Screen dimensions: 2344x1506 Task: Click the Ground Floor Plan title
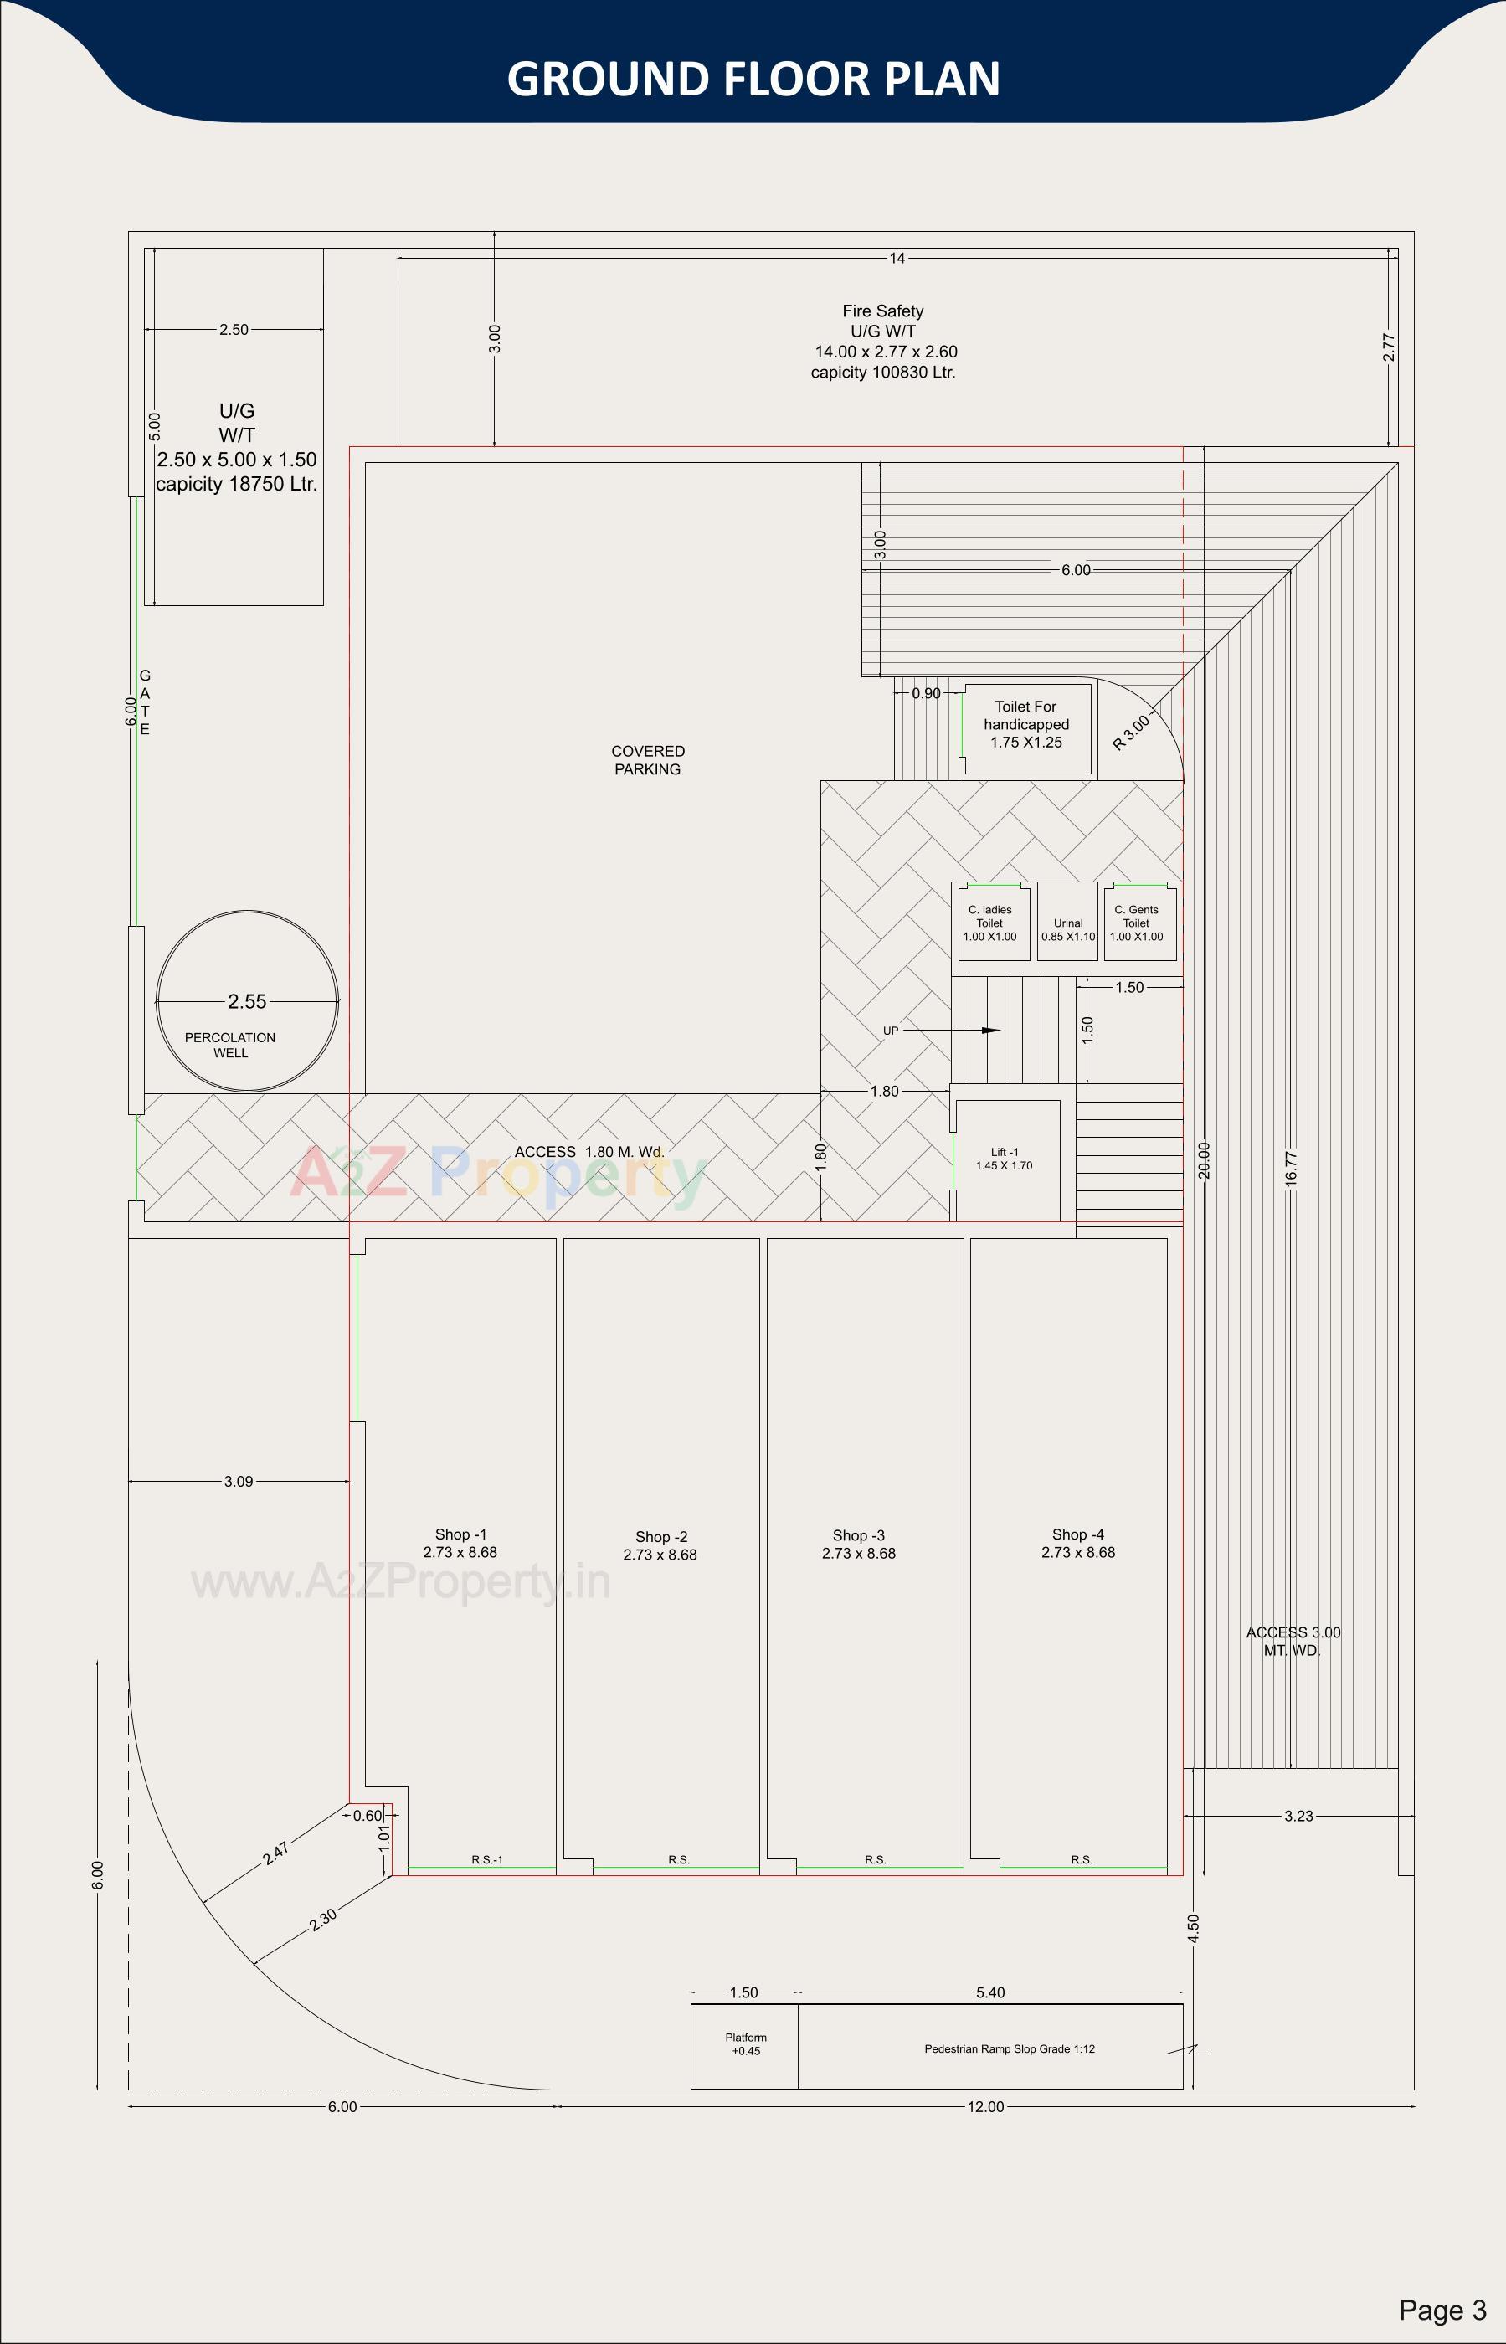(753, 78)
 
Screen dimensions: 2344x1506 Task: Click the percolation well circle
(248, 1001)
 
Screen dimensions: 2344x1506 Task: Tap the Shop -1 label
(460, 1543)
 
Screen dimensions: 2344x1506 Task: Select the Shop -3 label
(859, 1544)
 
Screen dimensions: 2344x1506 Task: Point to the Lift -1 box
(1006, 1159)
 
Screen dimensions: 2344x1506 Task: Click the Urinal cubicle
(1068, 923)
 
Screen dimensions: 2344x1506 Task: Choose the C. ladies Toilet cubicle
(989, 923)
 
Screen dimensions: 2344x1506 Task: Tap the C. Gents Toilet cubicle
(1138, 923)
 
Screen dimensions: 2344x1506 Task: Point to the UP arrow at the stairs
(989, 1030)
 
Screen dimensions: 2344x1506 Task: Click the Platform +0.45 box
(745, 2045)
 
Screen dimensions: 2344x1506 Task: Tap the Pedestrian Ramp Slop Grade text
(1010, 2048)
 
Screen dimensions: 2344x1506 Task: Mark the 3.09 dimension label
(239, 1482)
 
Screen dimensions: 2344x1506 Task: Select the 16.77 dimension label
(1291, 1169)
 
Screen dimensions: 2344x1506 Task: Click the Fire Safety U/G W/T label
(883, 341)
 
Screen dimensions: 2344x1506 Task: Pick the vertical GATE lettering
(145, 702)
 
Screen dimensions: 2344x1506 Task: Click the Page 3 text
(1442, 2310)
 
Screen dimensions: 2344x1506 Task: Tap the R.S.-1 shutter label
(487, 1859)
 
